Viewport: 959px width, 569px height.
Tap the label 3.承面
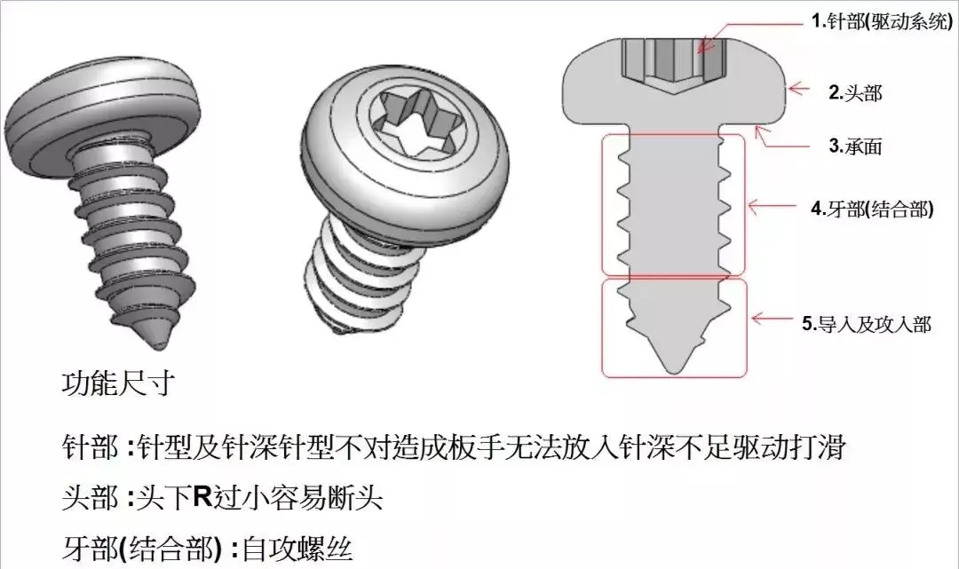coord(855,147)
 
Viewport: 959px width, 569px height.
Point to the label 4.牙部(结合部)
coord(871,212)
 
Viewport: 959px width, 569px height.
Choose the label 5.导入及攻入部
coord(866,324)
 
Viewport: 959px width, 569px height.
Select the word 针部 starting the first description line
coord(89,447)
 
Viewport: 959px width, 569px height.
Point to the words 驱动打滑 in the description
coord(799,447)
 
